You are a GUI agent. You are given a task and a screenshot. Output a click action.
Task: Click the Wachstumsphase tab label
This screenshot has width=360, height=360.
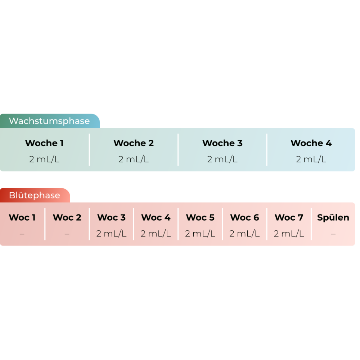pyautogui.click(x=49, y=121)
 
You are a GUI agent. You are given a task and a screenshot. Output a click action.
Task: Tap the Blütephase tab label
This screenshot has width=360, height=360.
pyautogui.click(x=35, y=195)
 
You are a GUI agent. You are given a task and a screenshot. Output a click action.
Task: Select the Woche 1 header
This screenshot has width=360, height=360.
pyautogui.click(x=44, y=143)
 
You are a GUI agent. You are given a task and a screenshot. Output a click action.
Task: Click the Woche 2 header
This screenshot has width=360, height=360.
pyautogui.click(x=134, y=143)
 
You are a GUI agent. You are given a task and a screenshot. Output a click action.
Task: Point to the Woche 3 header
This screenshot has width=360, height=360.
pyautogui.click(x=222, y=143)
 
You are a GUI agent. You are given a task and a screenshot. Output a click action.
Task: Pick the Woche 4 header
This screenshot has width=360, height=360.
pyautogui.click(x=311, y=143)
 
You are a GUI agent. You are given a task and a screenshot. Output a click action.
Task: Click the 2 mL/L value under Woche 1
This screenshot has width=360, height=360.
pyautogui.click(x=44, y=159)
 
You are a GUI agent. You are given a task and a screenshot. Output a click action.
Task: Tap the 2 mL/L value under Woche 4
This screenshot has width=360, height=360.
pyautogui.click(x=311, y=159)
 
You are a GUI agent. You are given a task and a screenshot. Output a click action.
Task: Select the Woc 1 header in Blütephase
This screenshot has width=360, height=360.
pyautogui.click(x=22, y=217)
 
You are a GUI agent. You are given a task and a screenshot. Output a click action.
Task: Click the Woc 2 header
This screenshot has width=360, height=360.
pyautogui.click(x=67, y=217)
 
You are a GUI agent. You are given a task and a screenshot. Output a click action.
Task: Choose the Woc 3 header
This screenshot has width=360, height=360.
pyautogui.click(x=112, y=217)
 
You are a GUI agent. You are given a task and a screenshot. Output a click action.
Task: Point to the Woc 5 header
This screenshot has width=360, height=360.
pyautogui.click(x=200, y=217)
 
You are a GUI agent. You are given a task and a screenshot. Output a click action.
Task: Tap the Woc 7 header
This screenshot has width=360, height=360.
pyautogui.click(x=289, y=217)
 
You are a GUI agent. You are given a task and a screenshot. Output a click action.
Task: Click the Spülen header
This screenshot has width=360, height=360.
pyautogui.click(x=333, y=217)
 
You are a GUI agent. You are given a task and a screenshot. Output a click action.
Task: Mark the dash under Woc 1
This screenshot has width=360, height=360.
pyautogui.click(x=22, y=234)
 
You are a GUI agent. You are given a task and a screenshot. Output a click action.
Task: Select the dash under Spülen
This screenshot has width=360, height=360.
pyautogui.click(x=333, y=234)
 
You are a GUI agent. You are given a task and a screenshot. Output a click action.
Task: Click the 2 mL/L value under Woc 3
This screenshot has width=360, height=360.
pyautogui.click(x=112, y=234)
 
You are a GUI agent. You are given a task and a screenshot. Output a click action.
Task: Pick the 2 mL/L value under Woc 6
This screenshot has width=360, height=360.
pyautogui.click(x=244, y=234)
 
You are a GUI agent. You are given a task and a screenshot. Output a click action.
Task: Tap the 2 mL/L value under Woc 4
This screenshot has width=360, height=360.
pyautogui.click(x=156, y=234)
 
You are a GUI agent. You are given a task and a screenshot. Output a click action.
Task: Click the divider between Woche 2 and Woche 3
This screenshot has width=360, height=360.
pyautogui.click(x=178, y=150)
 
